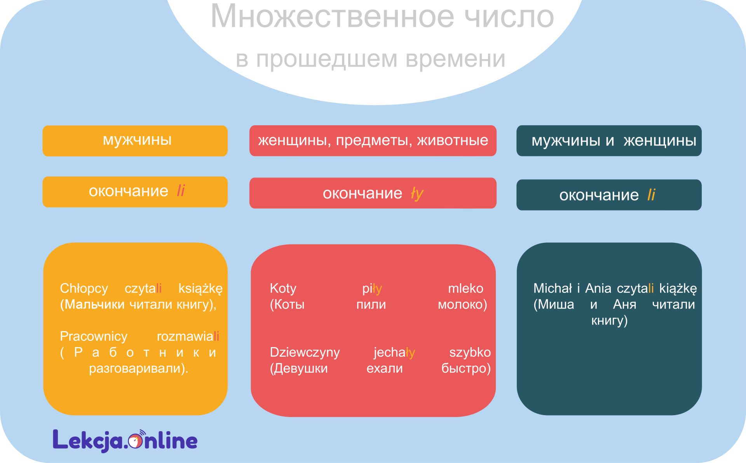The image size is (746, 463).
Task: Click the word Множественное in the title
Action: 332,16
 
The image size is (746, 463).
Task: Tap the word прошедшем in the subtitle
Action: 326,59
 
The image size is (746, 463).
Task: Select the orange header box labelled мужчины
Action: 135,141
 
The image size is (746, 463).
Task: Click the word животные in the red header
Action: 453,140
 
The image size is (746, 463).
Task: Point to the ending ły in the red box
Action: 417,193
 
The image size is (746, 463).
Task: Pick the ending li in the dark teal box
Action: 651,195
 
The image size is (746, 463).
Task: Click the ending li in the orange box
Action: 181,191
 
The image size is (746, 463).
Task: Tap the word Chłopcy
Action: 84,289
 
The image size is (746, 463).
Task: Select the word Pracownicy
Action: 94,337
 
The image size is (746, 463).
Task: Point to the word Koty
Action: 283,289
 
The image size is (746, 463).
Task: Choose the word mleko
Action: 465,288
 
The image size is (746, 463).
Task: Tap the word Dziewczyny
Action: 305,353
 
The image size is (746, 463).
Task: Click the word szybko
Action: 470,353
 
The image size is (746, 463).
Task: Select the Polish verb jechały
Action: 394,353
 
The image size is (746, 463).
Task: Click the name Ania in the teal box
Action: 598,288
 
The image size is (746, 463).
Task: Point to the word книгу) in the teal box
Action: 609,321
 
